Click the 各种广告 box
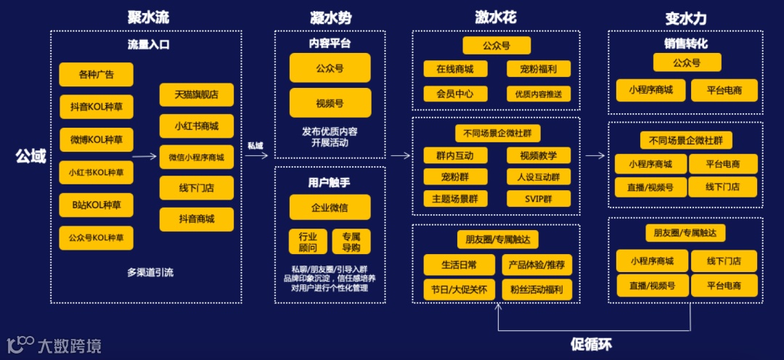pos(97,74)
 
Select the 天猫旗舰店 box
pos(197,94)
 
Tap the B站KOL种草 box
pos(97,205)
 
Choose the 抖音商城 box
pos(197,219)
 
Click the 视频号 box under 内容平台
pos(330,102)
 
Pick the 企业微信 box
pos(330,207)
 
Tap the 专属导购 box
pos(351,242)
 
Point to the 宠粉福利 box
pos(539,69)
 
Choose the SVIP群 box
pos(539,198)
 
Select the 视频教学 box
pos(539,155)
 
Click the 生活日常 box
pos(460,265)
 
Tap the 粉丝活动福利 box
pos(537,290)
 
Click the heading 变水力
pos(685,17)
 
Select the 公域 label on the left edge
pos(30,156)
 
